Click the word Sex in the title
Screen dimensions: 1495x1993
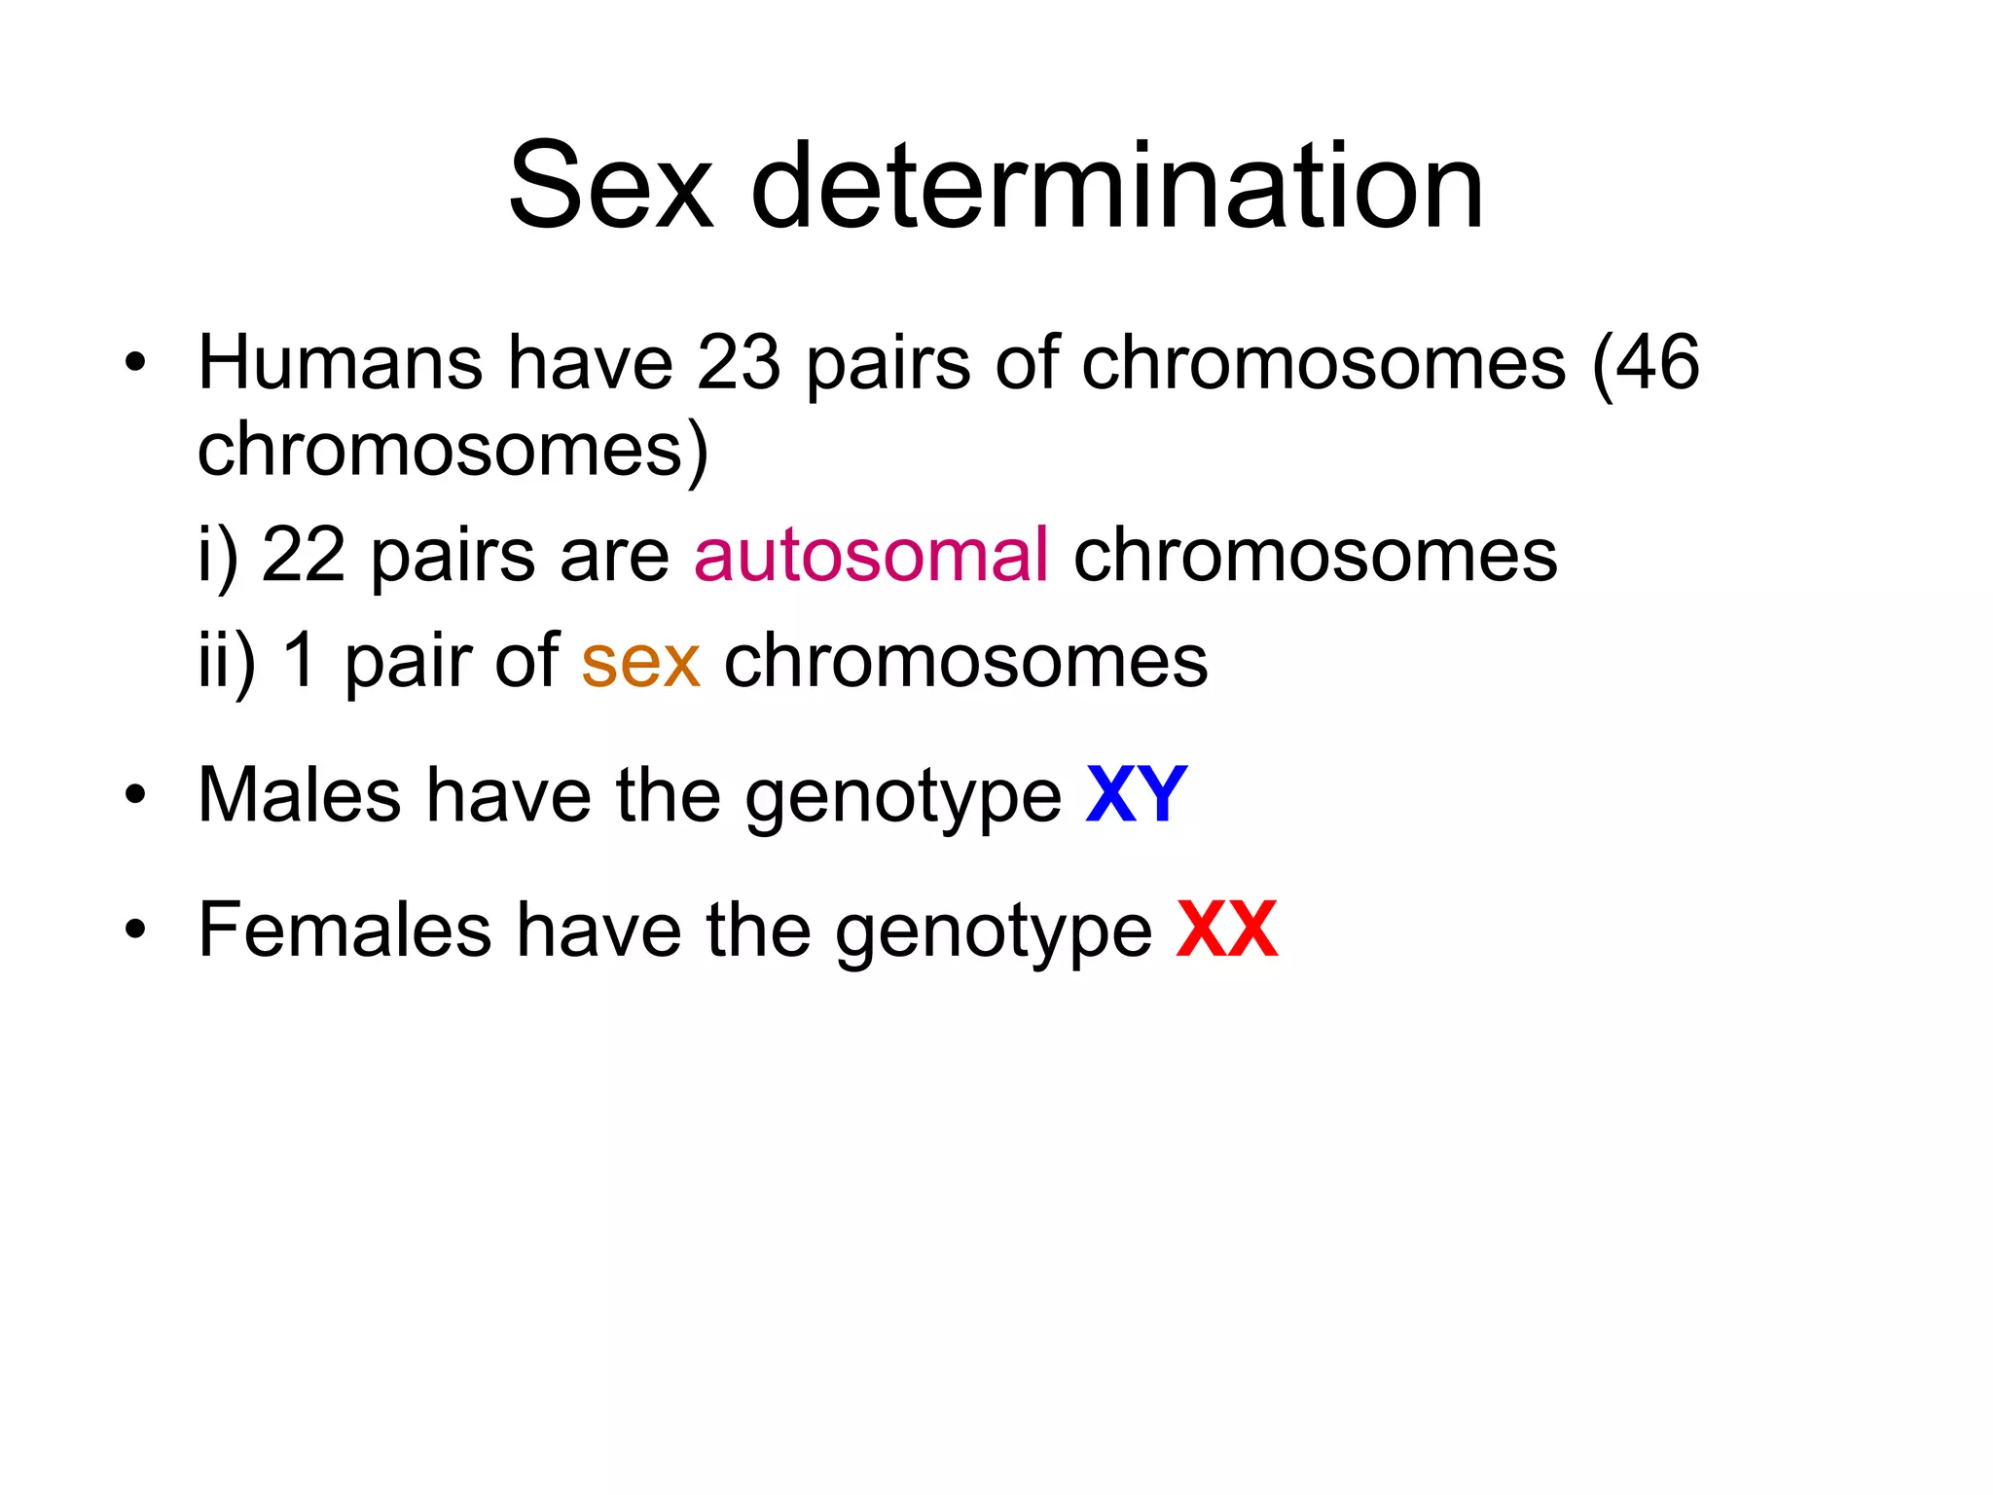(x=610, y=186)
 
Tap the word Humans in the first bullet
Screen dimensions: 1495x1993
(x=340, y=362)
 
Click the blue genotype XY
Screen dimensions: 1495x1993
(x=1137, y=795)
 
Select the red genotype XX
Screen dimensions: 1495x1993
(x=1226, y=930)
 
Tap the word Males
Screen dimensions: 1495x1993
(x=299, y=795)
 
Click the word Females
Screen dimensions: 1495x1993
(x=344, y=930)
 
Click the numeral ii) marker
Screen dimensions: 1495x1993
(x=226, y=662)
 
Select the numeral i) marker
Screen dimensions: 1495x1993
(x=216, y=557)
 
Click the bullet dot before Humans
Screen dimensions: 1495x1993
(x=135, y=365)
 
